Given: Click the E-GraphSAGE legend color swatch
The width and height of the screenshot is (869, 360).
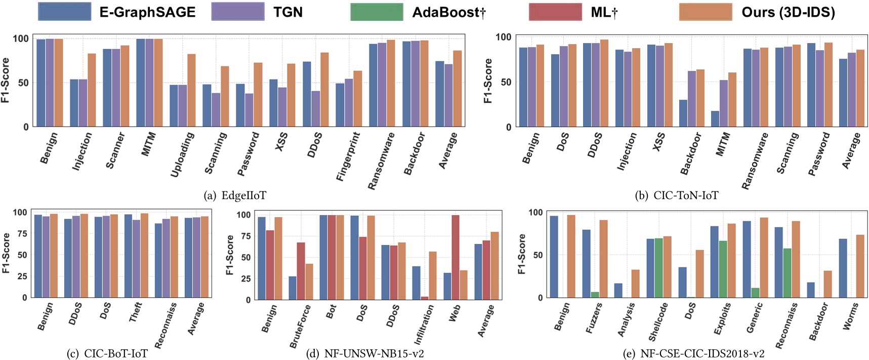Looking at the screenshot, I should point(64,12).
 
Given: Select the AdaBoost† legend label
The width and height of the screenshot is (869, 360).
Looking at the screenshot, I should point(448,12).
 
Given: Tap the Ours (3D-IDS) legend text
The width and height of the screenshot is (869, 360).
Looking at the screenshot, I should point(788,12).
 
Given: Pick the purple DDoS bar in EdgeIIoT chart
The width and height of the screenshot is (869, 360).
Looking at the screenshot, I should point(316,109).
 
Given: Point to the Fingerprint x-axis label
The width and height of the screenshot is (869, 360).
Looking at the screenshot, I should point(348,156).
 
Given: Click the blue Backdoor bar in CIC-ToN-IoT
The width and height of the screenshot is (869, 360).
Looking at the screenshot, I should point(683,113).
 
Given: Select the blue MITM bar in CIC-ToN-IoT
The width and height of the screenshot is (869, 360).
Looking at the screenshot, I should point(715,119).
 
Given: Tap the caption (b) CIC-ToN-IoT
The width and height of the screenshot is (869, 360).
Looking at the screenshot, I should point(676,195).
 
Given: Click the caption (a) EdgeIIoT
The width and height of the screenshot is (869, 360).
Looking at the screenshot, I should point(234,195).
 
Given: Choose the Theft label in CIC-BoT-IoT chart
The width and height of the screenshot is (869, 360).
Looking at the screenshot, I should point(135,312).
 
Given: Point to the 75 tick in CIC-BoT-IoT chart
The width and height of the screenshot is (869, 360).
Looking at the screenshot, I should point(22,234).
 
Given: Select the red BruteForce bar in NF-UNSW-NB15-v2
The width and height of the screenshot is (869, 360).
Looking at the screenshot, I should point(301,271).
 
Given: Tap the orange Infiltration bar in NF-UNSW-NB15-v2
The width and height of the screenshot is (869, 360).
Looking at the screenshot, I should point(432,275).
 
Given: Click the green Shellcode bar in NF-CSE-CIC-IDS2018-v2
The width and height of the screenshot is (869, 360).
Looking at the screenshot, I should point(658,268).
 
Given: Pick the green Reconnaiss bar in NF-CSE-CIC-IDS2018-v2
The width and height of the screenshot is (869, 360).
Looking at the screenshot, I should point(787,273).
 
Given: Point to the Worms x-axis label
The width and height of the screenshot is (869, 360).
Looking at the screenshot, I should point(850,316).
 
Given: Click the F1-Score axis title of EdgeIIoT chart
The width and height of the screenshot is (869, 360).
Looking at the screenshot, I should point(6,81).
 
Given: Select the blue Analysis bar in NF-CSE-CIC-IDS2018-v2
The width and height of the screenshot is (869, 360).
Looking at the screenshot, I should point(618,291).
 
